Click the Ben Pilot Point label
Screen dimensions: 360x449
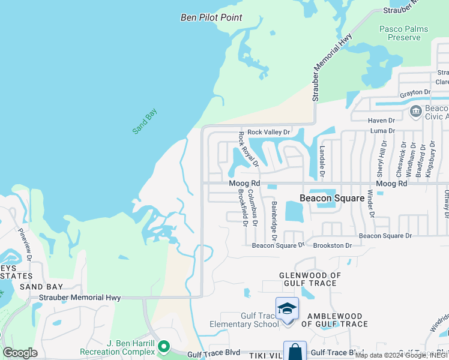(211, 17)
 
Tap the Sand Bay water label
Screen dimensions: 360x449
(145, 121)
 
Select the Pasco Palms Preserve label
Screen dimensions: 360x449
(400, 33)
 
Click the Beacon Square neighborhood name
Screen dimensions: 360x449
(332, 198)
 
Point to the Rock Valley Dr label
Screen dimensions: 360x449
(268, 132)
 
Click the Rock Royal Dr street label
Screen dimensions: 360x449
(249, 149)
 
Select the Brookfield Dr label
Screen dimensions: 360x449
(242, 208)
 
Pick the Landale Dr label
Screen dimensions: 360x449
(322, 162)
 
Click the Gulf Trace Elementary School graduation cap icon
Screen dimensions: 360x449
(287, 308)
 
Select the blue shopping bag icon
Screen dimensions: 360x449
(295, 352)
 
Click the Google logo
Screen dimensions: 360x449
(20, 352)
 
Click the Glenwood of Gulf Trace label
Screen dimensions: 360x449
(310, 280)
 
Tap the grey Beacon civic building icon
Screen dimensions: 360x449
(415, 111)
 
